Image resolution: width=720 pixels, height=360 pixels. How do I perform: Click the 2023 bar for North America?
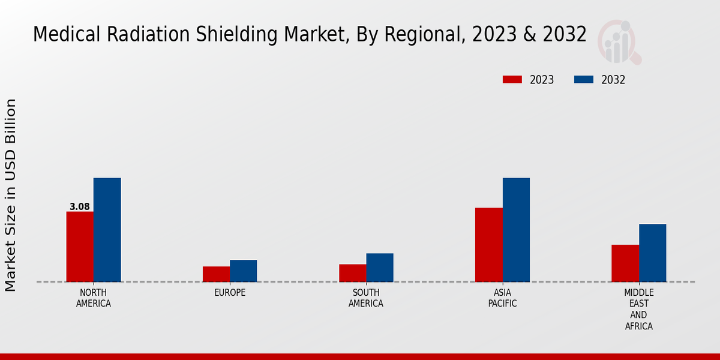click(x=80, y=247)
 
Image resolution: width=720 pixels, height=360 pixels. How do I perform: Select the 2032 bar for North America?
click(x=107, y=230)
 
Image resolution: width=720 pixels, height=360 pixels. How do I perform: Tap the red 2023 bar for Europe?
click(x=216, y=274)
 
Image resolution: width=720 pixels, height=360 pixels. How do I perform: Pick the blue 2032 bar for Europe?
click(x=243, y=271)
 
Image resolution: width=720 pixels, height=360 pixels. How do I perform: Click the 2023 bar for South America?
click(x=352, y=273)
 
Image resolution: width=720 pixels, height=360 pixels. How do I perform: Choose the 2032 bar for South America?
click(x=380, y=268)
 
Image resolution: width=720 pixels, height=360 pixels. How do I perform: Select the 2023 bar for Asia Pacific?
click(x=488, y=245)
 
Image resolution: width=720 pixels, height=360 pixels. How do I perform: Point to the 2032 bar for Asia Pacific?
click(x=516, y=230)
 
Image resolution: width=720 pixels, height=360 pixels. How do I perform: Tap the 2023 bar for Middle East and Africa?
click(x=625, y=263)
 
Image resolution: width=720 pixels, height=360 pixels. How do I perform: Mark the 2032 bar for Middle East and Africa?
click(x=652, y=253)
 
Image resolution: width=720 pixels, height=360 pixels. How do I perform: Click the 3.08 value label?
click(x=80, y=207)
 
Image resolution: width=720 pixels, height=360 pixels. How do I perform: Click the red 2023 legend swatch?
click(x=512, y=80)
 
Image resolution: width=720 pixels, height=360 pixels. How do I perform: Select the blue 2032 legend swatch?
click(x=584, y=80)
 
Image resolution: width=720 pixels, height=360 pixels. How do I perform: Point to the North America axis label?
click(x=94, y=298)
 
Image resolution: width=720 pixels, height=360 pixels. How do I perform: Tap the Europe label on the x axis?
click(x=230, y=293)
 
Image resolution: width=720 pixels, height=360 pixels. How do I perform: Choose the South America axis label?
click(x=366, y=298)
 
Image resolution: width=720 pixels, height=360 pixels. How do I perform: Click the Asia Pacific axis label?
click(x=503, y=298)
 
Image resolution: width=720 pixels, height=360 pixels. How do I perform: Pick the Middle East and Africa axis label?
click(x=638, y=310)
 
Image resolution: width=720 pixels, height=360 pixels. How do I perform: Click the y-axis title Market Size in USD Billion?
click(x=11, y=195)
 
